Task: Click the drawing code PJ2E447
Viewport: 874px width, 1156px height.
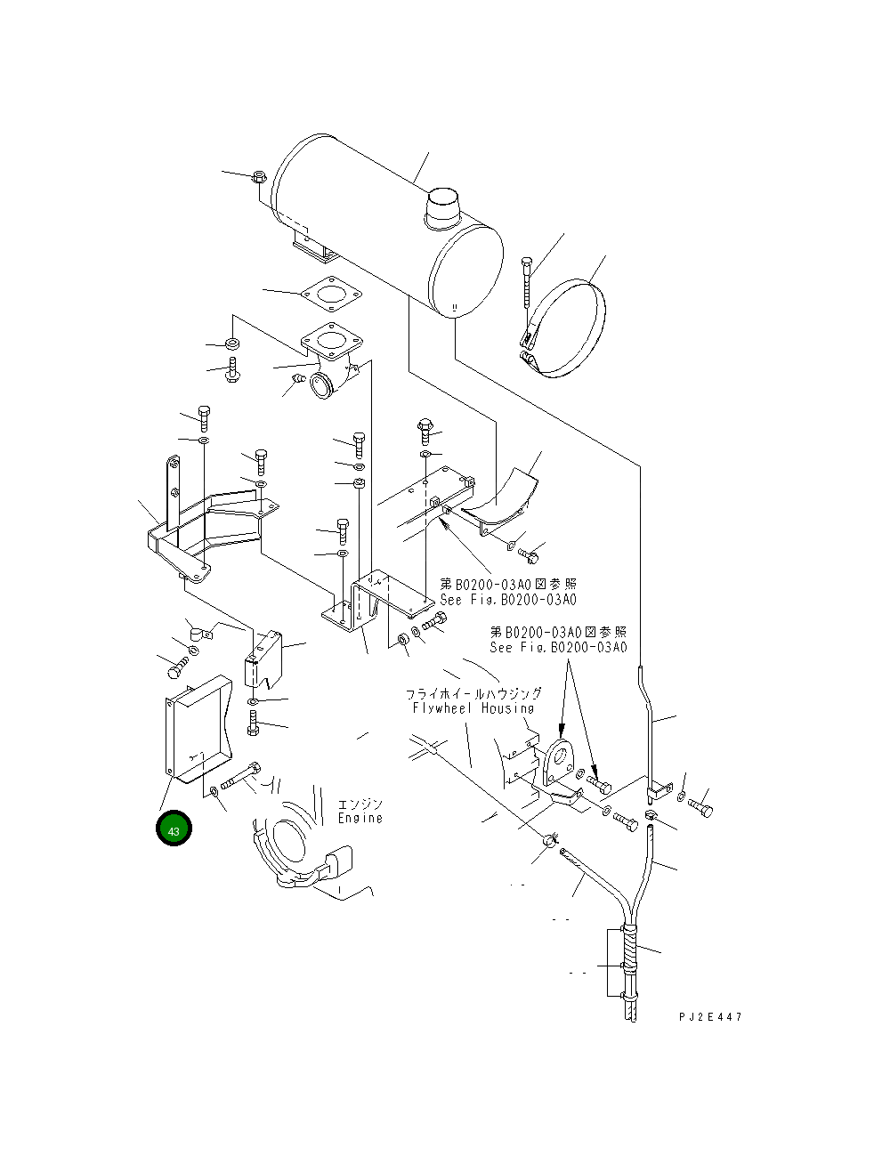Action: click(x=708, y=1017)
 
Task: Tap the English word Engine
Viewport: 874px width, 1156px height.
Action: click(x=360, y=818)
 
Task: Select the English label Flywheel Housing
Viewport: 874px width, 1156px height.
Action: click(x=473, y=708)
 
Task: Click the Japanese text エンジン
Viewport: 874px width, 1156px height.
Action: click(x=360, y=804)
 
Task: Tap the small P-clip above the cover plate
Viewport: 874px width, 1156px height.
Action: click(x=198, y=633)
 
